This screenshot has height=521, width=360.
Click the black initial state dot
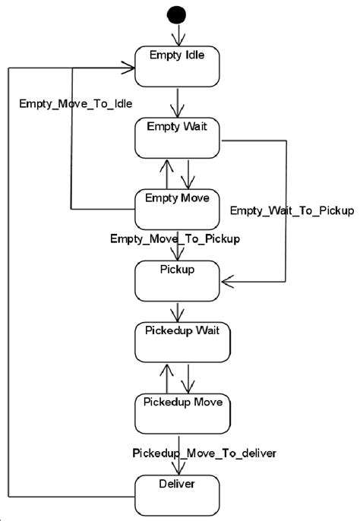click(178, 14)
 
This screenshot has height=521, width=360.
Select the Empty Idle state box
click(177, 66)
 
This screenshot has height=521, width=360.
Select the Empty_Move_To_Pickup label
click(175, 238)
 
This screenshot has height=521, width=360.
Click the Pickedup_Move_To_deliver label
click(204, 453)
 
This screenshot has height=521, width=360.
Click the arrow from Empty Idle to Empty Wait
click(178, 101)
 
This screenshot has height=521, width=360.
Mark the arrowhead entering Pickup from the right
click(227, 282)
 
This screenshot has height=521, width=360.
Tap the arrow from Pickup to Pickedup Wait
click(178, 312)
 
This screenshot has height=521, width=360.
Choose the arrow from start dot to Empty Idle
click(178, 35)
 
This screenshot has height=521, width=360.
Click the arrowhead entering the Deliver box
click(178, 469)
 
